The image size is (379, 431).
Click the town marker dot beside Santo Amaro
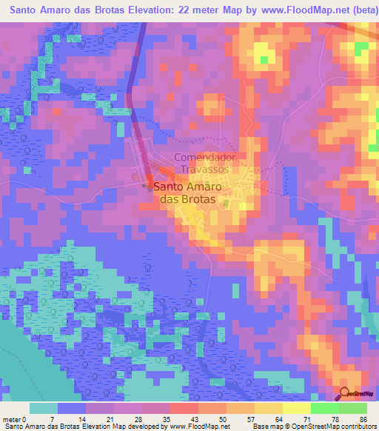coord(145,187)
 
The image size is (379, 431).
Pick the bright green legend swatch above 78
coord(324,408)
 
